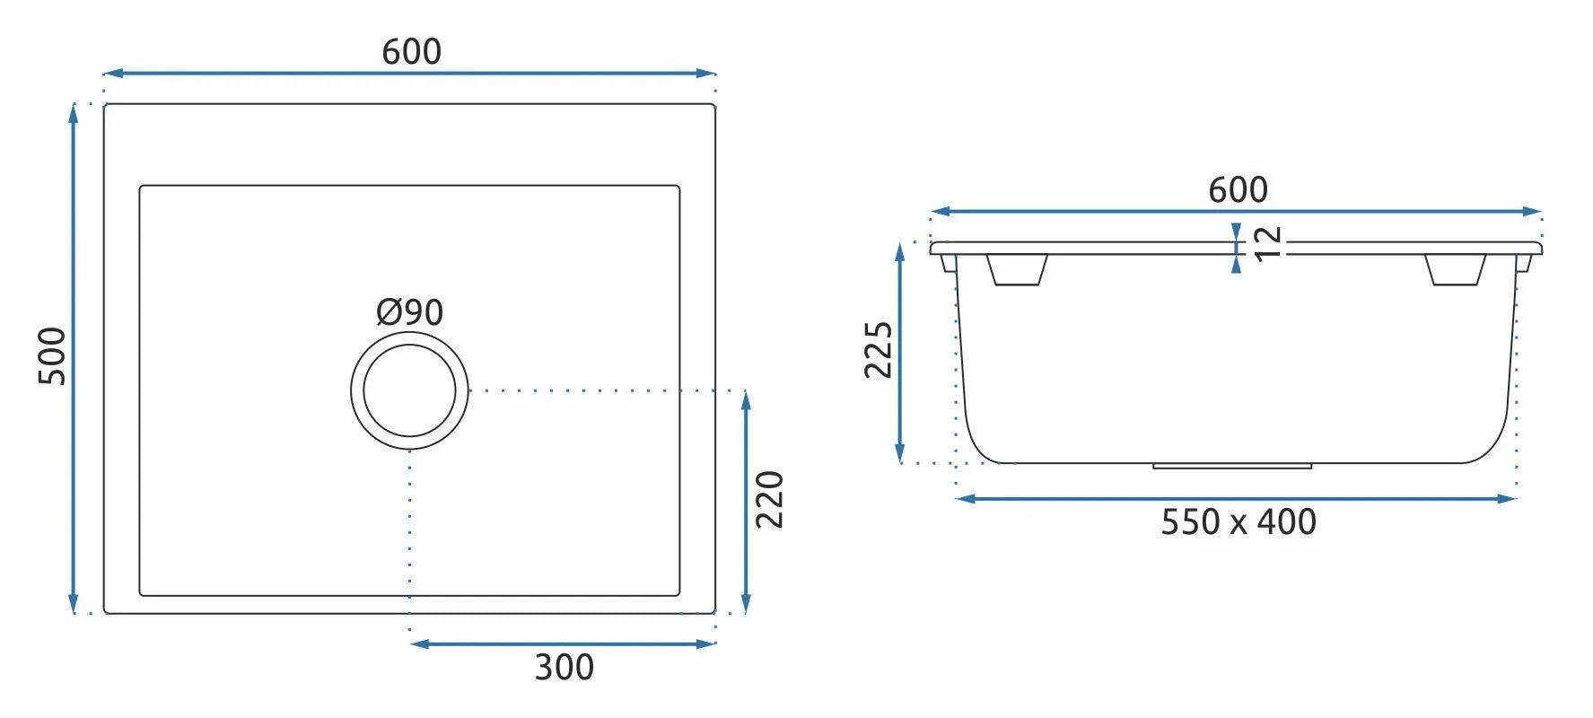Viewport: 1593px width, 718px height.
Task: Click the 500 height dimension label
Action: [x=52, y=356]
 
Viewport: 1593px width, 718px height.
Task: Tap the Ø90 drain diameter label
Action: [x=409, y=312]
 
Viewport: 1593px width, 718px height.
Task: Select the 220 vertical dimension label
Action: [x=770, y=499]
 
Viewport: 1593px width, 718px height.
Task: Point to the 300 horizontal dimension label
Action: [x=564, y=668]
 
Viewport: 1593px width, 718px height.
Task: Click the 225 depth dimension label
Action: [x=879, y=350]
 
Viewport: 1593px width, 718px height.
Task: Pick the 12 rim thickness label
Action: [x=1268, y=243]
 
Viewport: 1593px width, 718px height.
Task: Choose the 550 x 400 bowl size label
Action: [x=1239, y=522]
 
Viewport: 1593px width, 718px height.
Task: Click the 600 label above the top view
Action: [x=411, y=52]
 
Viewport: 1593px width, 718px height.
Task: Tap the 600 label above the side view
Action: [x=1238, y=190]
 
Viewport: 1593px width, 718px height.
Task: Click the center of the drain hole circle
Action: [x=409, y=390]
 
